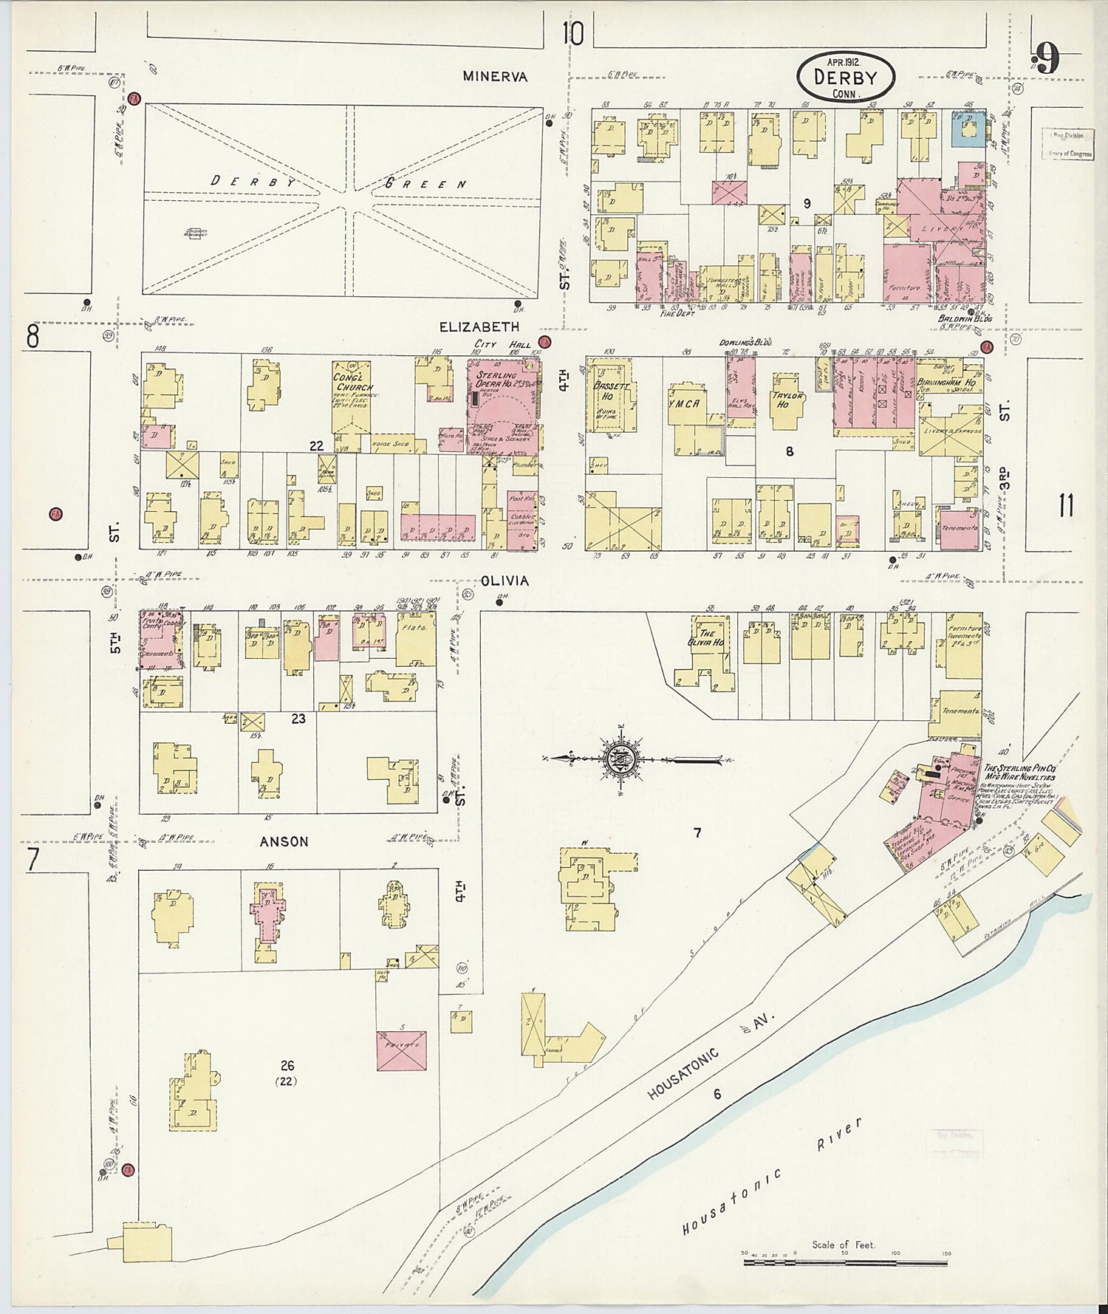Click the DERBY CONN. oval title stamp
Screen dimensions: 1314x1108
pyautogui.click(x=846, y=77)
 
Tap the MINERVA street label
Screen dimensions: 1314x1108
pyautogui.click(x=495, y=76)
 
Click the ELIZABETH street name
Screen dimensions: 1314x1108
pyautogui.click(x=479, y=326)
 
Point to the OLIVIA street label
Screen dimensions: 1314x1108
pyautogui.click(x=505, y=581)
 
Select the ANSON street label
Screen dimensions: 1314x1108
pyautogui.click(x=284, y=841)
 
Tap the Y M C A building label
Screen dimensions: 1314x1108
pyautogui.click(x=685, y=403)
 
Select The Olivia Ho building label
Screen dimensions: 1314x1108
pyautogui.click(x=707, y=638)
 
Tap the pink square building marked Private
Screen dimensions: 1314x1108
pyautogui.click(x=401, y=1050)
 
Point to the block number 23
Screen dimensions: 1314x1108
pyautogui.click(x=298, y=718)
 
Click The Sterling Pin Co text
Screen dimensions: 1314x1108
pyautogui.click(x=1018, y=768)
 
